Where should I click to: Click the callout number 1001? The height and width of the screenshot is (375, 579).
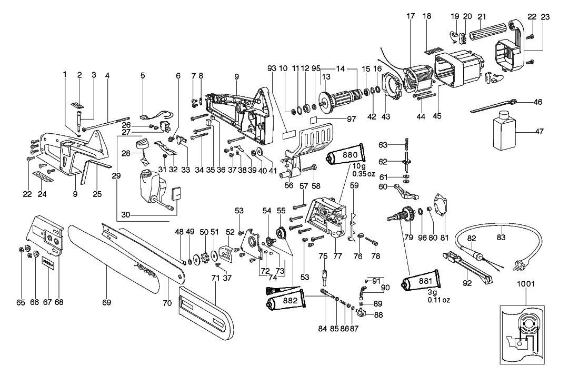525,284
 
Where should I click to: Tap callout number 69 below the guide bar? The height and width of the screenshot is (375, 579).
107,303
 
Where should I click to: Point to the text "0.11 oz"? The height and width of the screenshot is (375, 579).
439,300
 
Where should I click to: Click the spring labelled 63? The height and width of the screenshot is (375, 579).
406,144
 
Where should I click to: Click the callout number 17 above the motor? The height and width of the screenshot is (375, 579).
411,16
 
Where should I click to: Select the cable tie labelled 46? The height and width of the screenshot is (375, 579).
495,106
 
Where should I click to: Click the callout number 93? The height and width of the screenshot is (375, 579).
272,68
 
